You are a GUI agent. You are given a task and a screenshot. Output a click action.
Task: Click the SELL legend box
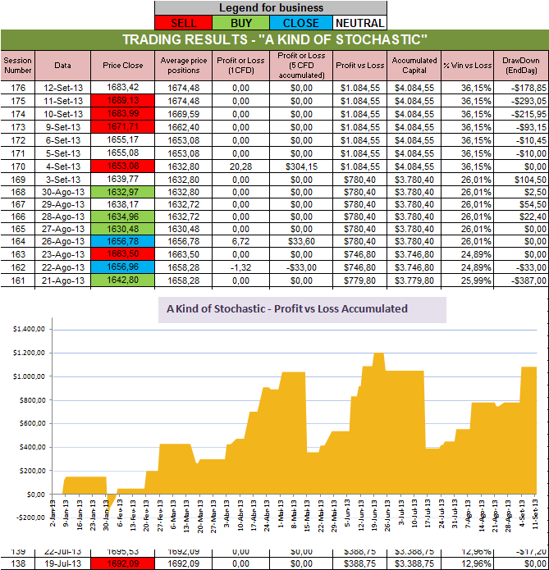[x=182, y=22]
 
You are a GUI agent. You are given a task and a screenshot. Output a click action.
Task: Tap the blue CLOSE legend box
[x=300, y=22]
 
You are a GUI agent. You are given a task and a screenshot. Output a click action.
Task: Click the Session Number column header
[x=16, y=65]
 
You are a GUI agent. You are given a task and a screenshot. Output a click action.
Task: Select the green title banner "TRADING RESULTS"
[x=274, y=40]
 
